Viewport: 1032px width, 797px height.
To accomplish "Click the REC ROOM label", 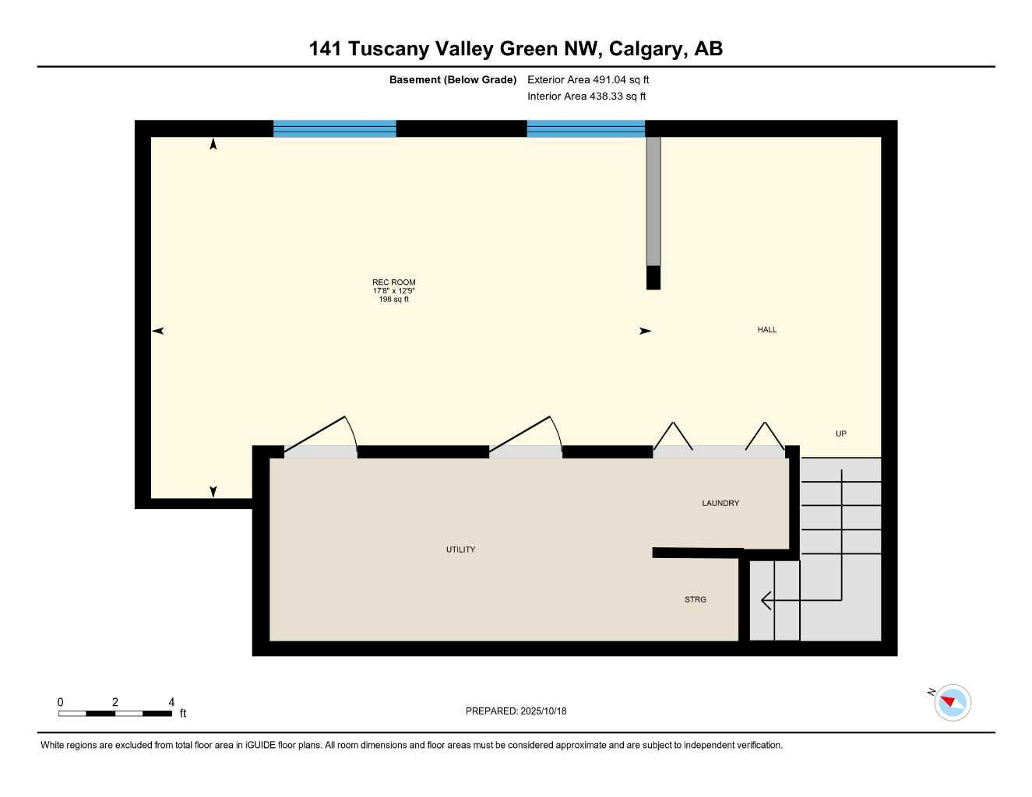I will (393, 283).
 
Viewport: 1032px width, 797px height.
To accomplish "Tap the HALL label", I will (766, 330).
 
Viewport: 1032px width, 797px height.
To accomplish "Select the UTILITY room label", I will (460, 549).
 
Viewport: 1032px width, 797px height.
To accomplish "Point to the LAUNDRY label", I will (720, 504).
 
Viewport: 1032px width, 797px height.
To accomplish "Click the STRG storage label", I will (695, 599).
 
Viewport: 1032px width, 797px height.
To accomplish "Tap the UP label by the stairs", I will (840, 434).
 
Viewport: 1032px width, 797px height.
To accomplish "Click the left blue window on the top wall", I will (334, 128).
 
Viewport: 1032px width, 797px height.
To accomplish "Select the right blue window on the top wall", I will (586, 128).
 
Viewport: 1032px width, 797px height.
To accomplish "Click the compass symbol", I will (951, 702).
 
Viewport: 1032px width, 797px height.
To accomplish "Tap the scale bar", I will (115, 713).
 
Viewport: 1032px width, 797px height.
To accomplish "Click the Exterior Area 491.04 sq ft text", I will (588, 79).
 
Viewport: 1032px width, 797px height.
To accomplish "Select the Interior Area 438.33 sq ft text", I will (586, 97).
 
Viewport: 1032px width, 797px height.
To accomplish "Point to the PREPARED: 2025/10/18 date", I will (516, 711).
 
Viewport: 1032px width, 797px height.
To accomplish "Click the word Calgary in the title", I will (646, 49).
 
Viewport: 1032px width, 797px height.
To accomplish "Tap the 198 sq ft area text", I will (393, 300).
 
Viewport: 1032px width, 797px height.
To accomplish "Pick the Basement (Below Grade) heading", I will (453, 79).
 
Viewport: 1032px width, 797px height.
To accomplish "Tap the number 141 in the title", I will (326, 49).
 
